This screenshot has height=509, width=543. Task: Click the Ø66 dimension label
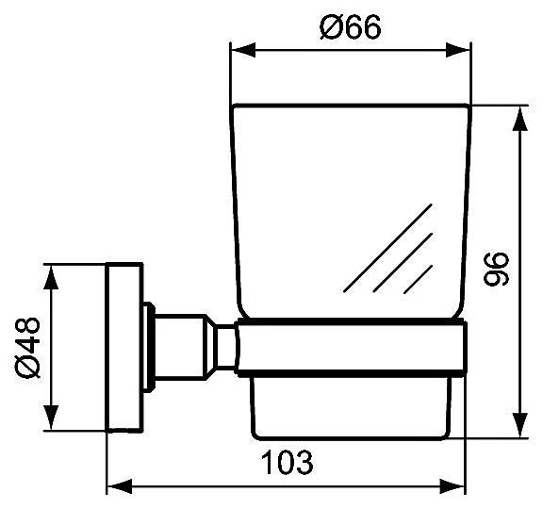(x=350, y=26)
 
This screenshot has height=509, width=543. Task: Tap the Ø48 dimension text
(x=27, y=348)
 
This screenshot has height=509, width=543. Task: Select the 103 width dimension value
(x=288, y=462)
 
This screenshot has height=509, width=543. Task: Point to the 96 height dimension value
(x=496, y=270)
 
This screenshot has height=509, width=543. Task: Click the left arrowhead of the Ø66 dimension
(x=243, y=51)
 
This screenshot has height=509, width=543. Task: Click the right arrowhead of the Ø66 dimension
(x=458, y=51)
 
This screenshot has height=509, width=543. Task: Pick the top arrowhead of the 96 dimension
(x=519, y=119)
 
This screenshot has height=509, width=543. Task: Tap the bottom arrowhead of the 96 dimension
(x=519, y=425)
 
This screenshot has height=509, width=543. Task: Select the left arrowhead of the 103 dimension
(x=120, y=486)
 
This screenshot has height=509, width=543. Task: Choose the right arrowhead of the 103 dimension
(x=452, y=486)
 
